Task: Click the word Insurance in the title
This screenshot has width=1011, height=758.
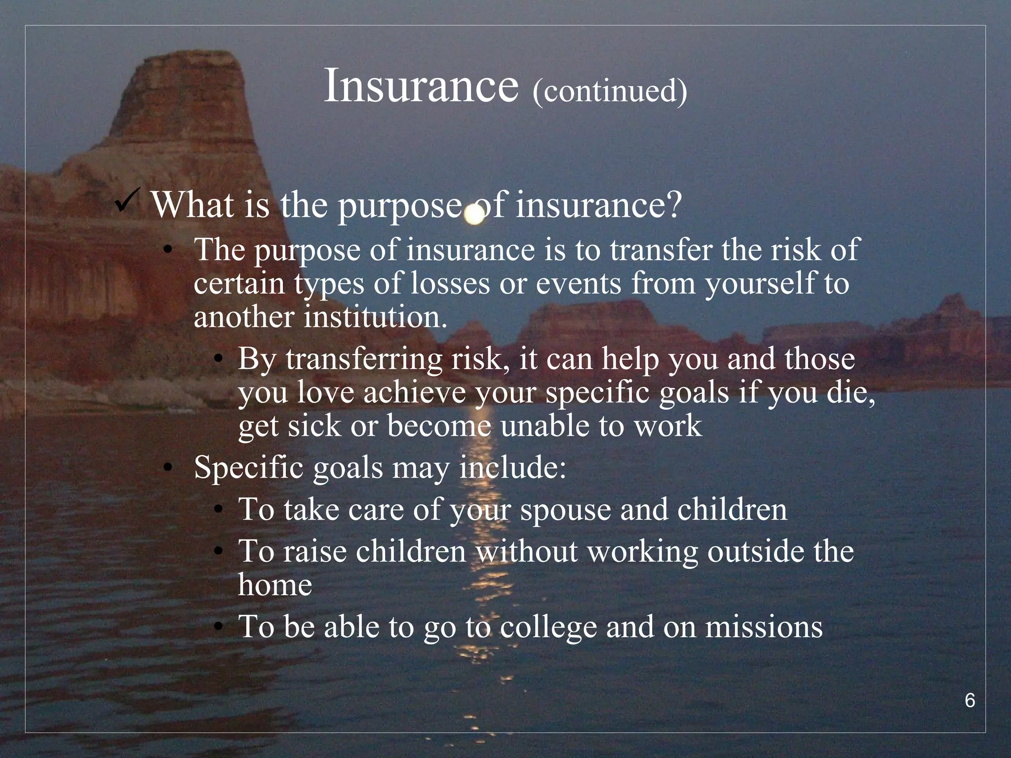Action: [421, 87]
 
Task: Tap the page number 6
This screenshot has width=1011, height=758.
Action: [970, 701]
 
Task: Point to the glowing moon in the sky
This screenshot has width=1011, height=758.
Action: [474, 215]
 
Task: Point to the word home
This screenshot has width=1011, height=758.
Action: [275, 585]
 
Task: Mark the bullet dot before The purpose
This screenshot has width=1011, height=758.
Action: [168, 250]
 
